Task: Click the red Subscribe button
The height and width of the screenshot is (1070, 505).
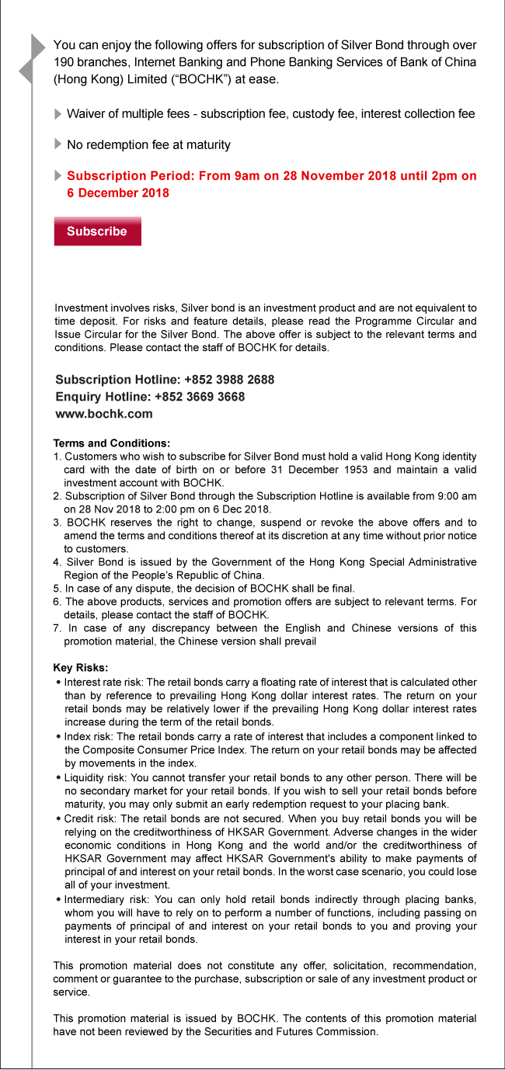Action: click(97, 231)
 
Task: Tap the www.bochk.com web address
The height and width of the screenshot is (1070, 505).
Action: click(104, 414)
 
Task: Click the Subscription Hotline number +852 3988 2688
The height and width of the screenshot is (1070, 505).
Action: click(229, 380)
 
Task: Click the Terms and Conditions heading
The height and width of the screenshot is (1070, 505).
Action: click(112, 443)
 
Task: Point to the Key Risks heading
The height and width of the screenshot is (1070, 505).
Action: click(81, 668)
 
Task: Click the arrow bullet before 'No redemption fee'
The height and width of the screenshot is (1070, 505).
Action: click(58, 144)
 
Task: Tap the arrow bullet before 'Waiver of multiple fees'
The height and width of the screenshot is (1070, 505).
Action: click(58, 114)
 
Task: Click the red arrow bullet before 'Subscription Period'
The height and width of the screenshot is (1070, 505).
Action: click(58, 176)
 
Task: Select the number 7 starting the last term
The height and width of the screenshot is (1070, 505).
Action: click(57, 628)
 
